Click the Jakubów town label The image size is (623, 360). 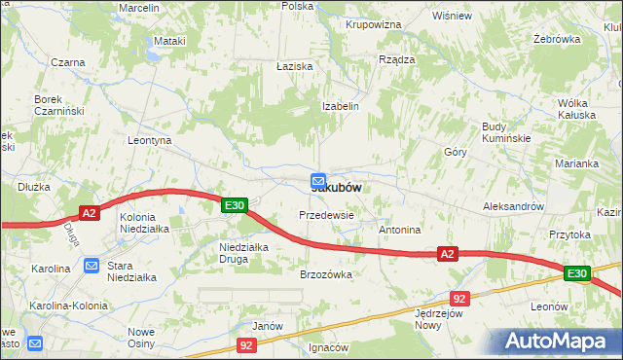pyautogui.click(x=341, y=187)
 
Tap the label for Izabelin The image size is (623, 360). pyautogui.click(x=341, y=106)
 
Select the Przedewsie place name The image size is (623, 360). pyautogui.click(x=326, y=215)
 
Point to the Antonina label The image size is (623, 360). pyautogui.click(x=399, y=231)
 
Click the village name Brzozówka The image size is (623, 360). pyautogui.click(x=325, y=274)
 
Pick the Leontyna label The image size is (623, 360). pyautogui.click(x=150, y=141)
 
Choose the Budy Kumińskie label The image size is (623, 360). pyautogui.click(x=506, y=132)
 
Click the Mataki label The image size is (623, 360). pyautogui.click(x=169, y=42)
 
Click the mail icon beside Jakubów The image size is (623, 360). pyautogui.click(x=318, y=181)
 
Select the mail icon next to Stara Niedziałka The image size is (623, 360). pyautogui.click(x=91, y=265)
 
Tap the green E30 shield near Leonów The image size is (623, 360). pyautogui.click(x=575, y=274)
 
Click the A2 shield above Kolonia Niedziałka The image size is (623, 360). pyautogui.click(x=89, y=214)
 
